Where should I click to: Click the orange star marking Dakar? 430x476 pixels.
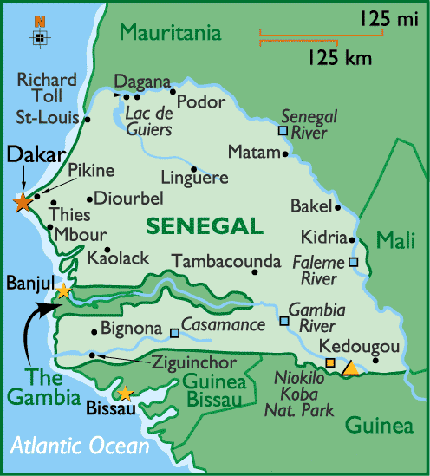click(x=22, y=202)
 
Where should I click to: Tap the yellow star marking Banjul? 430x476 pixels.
click(x=62, y=290)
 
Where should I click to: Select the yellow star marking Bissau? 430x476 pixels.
click(x=126, y=393)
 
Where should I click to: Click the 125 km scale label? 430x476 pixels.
click(x=338, y=58)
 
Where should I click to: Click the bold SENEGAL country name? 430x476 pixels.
click(x=205, y=226)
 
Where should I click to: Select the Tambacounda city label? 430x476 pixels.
click(x=226, y=261)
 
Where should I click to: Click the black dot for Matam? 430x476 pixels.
click(x=286, y=153)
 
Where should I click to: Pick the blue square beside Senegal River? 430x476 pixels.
click(x=282, y=131)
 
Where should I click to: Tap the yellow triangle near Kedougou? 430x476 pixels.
click(x=349, y=368)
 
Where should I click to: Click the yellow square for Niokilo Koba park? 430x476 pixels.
click(x=330, y=362)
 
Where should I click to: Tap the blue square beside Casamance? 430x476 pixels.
click(x=175, y=332)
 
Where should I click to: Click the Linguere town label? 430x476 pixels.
click(x=200, y=178)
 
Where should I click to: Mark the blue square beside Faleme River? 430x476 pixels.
click(x=354, y=262)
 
